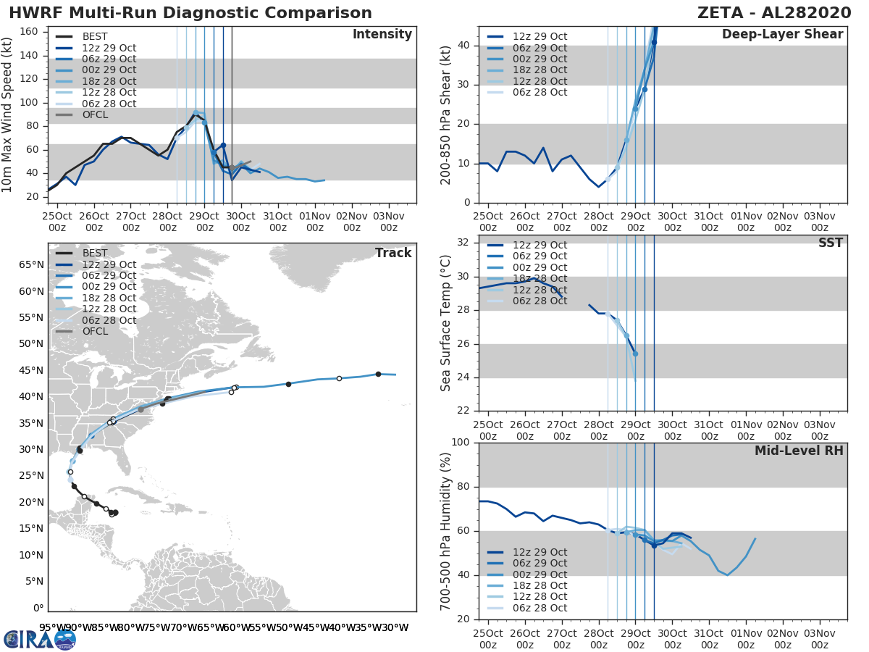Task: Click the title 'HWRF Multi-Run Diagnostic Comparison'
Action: [190, 13]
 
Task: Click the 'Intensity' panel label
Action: [382, 35]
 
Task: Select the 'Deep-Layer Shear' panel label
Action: [782, 35]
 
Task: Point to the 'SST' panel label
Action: [830, 243]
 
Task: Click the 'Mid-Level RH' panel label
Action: [799, 451]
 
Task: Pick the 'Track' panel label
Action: [393, 253]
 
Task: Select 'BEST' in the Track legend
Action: [95, 253]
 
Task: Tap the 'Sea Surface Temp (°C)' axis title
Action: [446, 323]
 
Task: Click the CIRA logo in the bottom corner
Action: [39, 639]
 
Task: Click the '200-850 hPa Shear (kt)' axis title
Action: [446, 115]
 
